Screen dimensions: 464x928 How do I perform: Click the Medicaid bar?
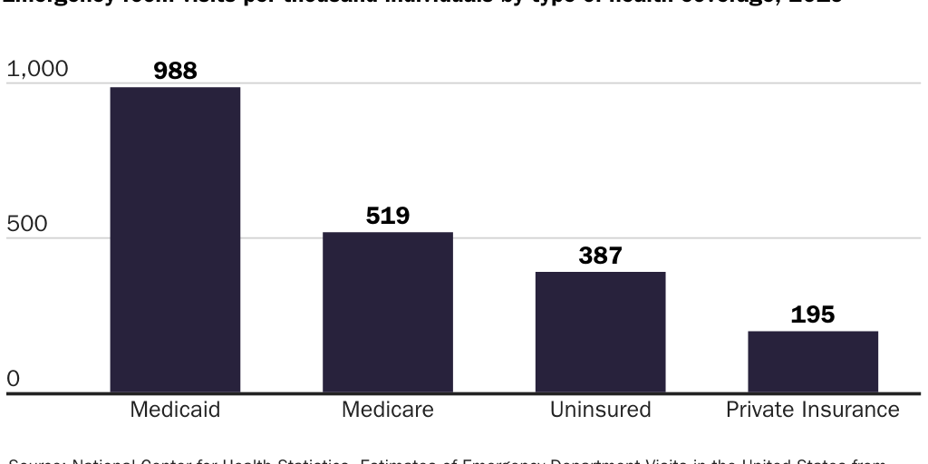[x=175, y=240]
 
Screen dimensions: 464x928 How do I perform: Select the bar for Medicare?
[x=388, y=313]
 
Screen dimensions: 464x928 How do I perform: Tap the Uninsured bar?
[x=600, y=333]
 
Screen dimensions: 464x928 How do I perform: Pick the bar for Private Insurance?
[x=813, y=362]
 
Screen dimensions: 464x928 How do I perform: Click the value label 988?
[x=175, y=71]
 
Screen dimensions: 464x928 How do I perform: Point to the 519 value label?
[x=388, y=216]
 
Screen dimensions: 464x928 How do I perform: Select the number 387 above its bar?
[x=600, y=256]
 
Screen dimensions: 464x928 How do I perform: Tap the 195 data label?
[x=813, y=314]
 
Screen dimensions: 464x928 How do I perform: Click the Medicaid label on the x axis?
[x=175, y=410]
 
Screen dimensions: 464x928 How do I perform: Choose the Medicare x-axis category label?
[x=388, y=410]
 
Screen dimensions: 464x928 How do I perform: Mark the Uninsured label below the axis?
[x=600, y=410]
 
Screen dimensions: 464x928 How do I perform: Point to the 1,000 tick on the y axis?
[x=37, y=69]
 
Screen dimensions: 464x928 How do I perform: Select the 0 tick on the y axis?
[x=13, y=379]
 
